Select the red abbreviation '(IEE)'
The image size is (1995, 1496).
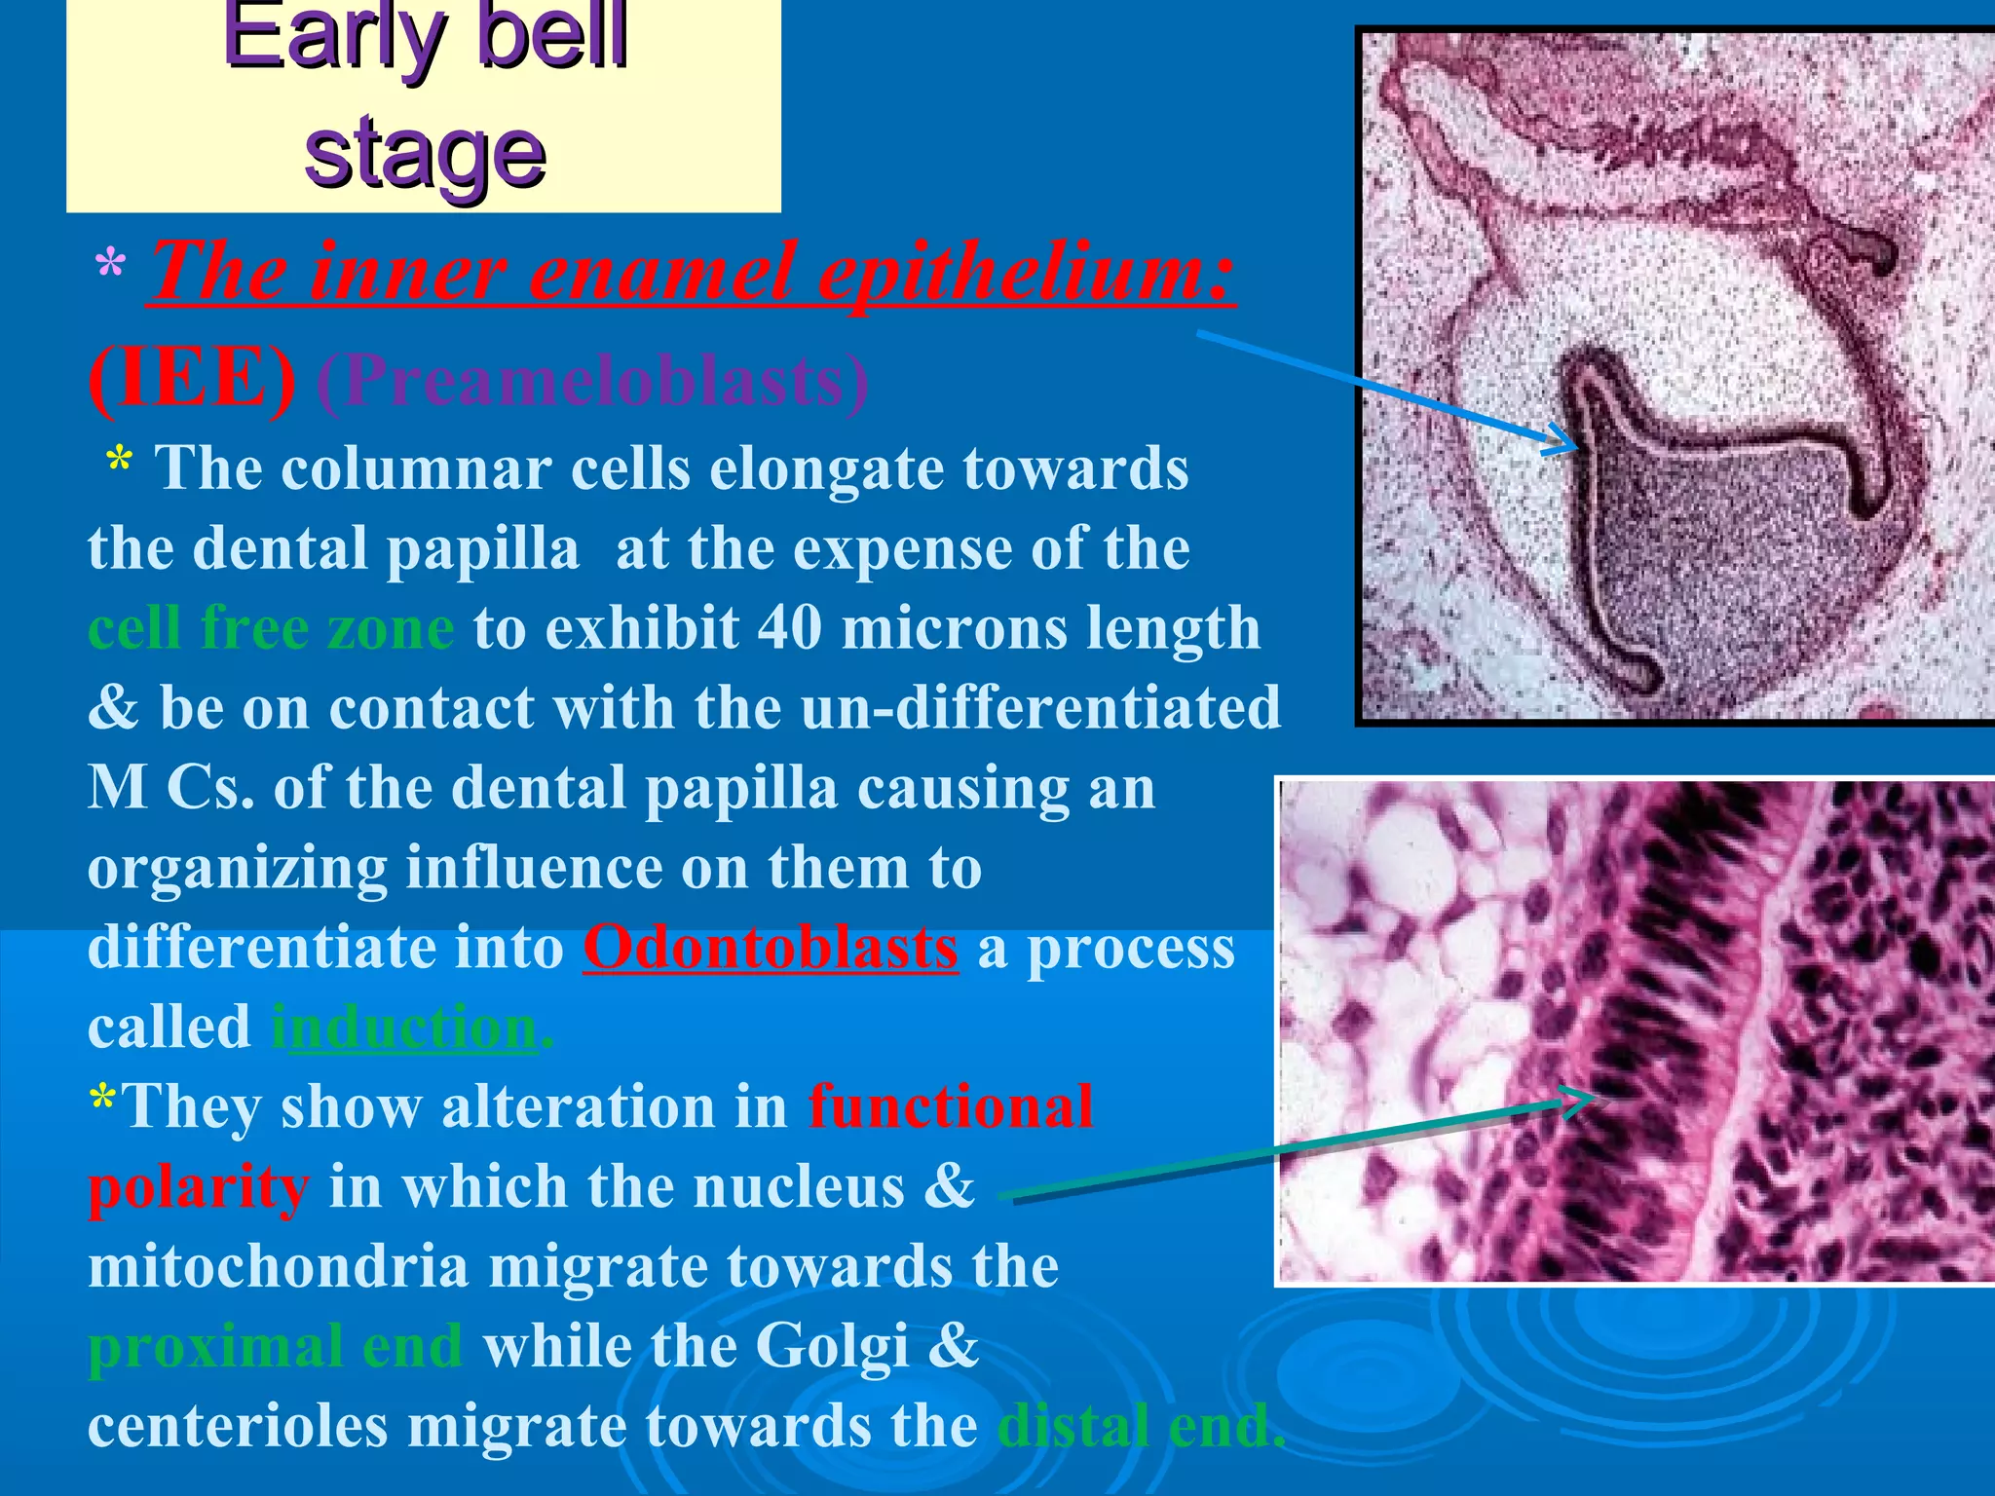tap(192, 380)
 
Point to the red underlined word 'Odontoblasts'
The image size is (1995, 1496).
tap(771, 948)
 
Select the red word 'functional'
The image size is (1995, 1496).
tap(951, 1107)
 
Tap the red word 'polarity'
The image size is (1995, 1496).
tap(199, 1187)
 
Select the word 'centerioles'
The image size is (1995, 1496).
tap(238, 1427)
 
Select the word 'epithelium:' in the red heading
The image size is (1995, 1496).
tap(1026, 273)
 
